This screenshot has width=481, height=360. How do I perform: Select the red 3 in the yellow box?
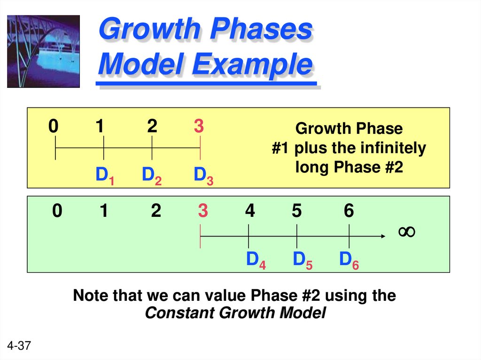[199, 126]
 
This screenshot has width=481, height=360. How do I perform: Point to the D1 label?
[105, 176]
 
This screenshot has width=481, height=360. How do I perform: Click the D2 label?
[152, 176]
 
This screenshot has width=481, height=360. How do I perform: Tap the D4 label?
[256, 260]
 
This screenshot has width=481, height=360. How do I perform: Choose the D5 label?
[303, 260]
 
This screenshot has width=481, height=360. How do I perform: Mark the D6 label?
[349, 260]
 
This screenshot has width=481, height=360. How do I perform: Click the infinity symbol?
[406, 231]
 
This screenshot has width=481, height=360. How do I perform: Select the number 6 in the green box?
[348, 212]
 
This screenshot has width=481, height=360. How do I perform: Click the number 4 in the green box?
[249, 212]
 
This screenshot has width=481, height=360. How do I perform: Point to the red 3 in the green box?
[202, 212]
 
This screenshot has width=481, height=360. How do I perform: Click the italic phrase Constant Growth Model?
[235, 313]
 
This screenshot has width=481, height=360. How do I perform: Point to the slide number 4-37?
[19, 346]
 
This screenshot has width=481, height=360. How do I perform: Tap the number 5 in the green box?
[296, 212]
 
